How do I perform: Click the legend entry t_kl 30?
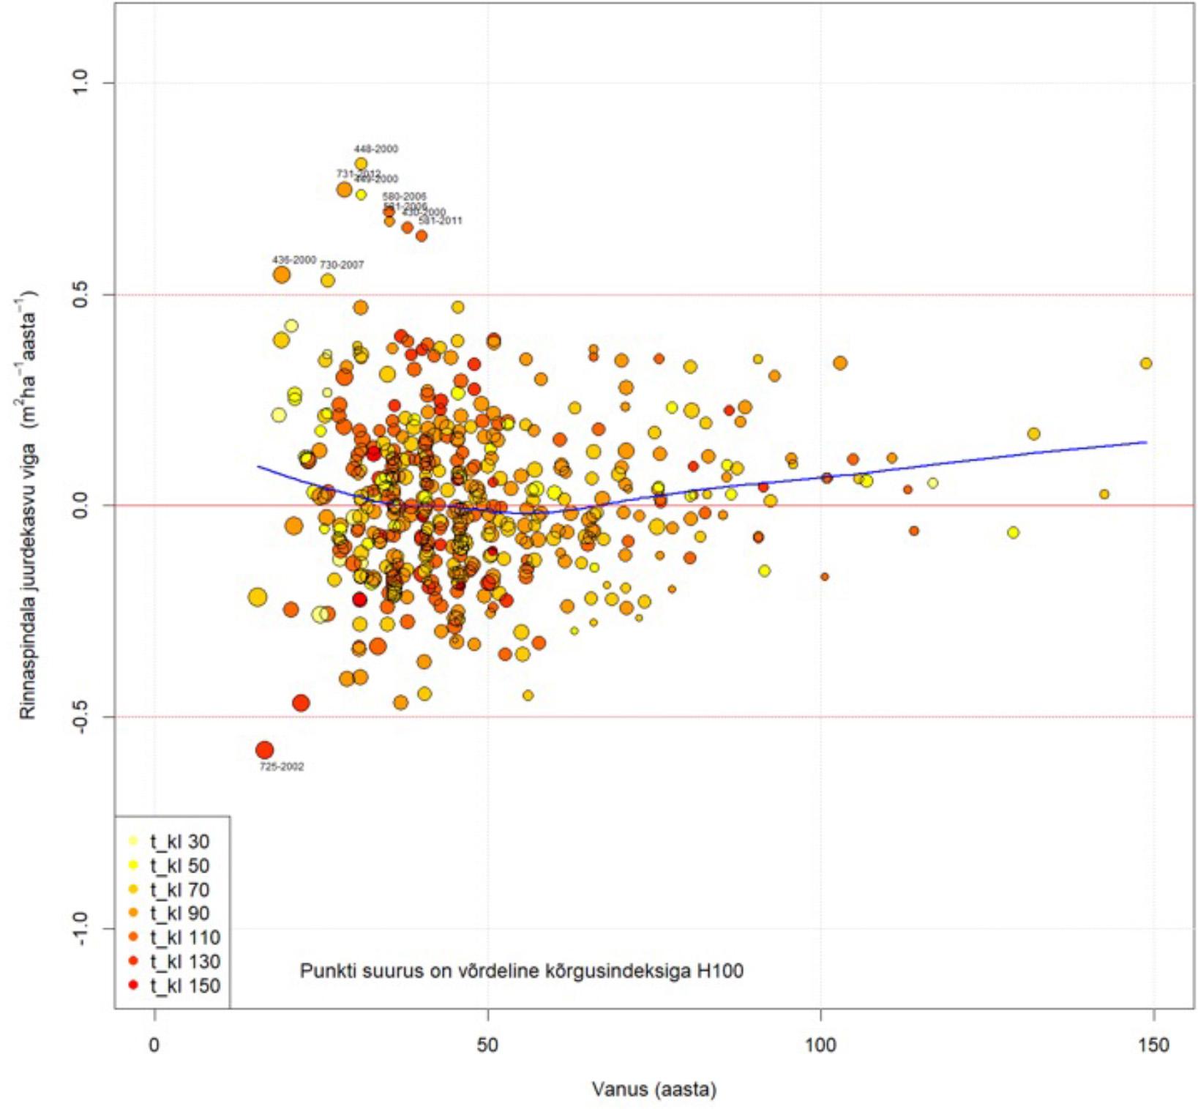[x=179, y=842]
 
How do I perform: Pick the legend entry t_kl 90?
[x=179, y=914]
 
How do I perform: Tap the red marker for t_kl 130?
[x=133, y=962]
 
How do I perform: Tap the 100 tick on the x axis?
[x=820, y=1045]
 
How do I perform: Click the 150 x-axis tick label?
[x=1153, y=1045]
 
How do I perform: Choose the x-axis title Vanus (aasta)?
[x=654, y=1089]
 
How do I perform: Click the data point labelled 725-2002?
[x=265, y=750]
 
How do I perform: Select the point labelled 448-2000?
[x=361, y=163]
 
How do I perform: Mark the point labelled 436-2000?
[x=282, y=275]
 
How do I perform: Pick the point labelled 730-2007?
[x=328, y=280]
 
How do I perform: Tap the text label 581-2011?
[x=441, y=220]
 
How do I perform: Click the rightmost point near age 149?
[x=1146, y=363]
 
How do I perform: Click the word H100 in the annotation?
[x=719, y=971]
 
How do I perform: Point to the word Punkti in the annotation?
[x=321, y=971]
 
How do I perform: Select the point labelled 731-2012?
[x=345, y=190]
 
